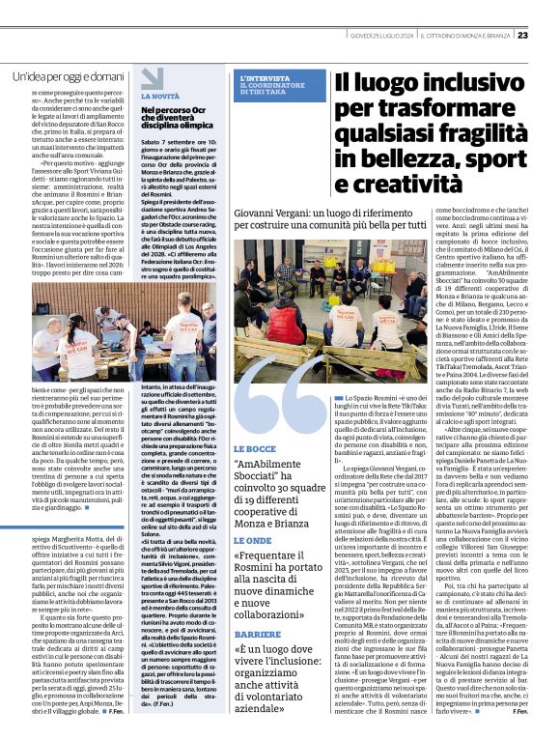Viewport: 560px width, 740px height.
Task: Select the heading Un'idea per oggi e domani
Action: point(68,75)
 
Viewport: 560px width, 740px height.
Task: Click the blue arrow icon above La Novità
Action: point(153,79)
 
